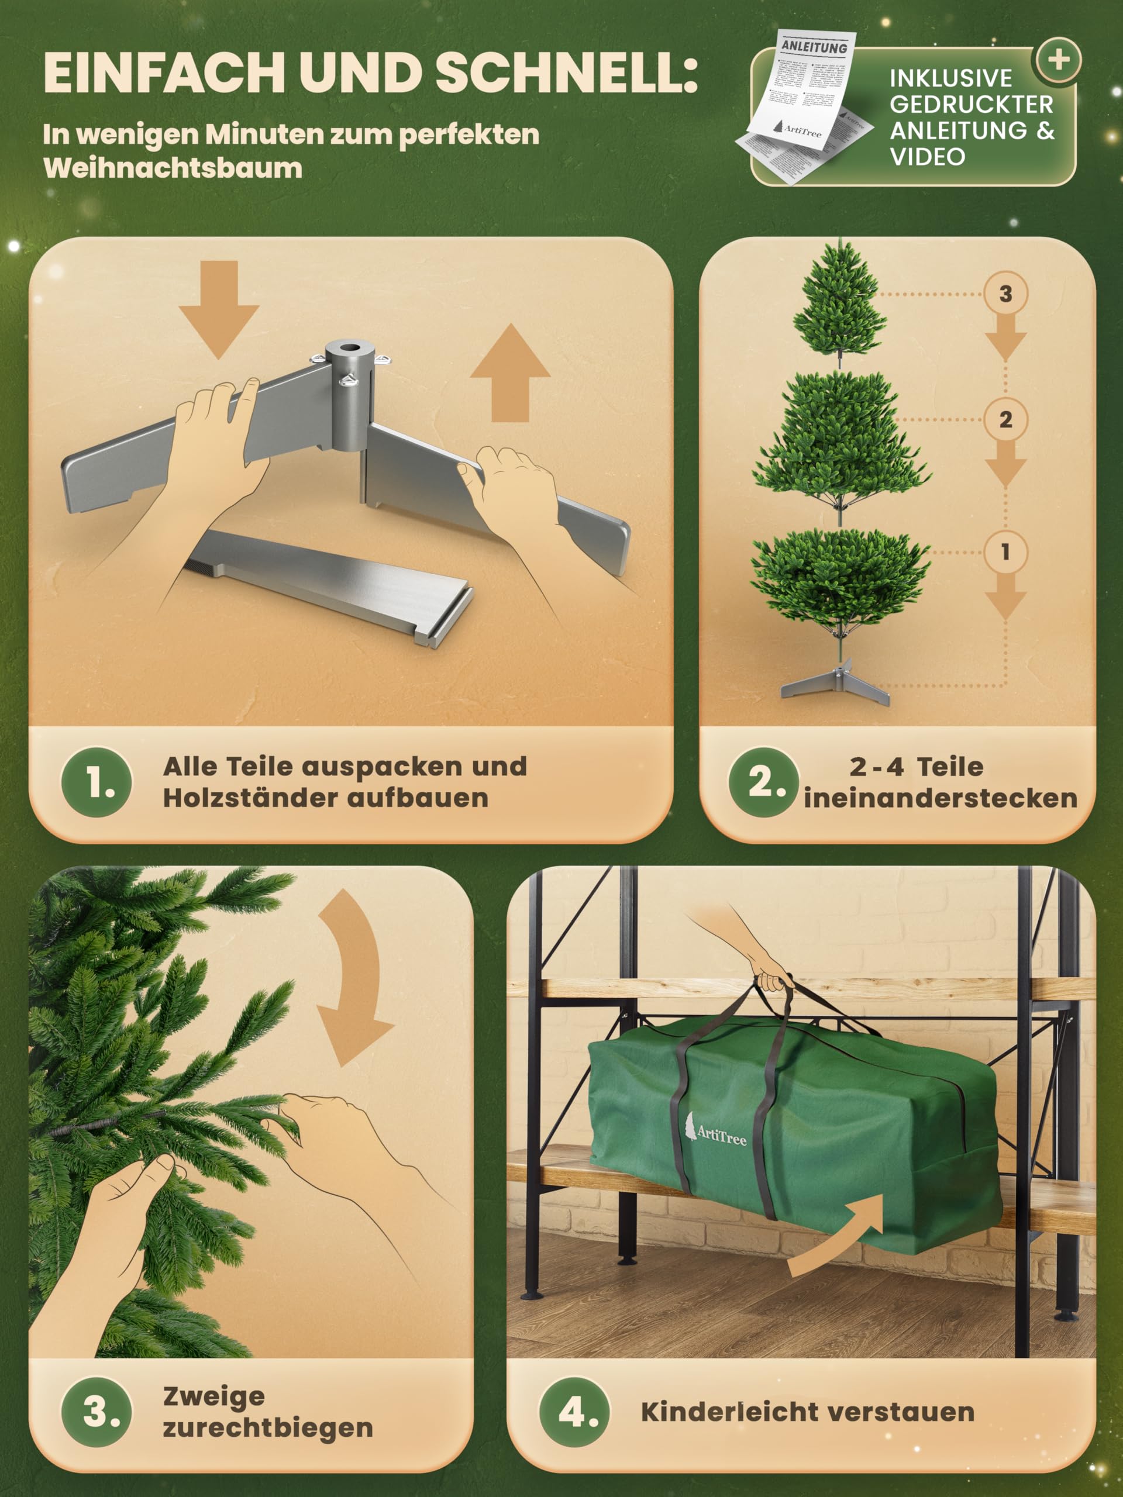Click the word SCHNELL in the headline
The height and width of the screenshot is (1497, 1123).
[x=565, y=73]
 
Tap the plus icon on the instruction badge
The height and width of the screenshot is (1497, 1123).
[x=1058, y=60]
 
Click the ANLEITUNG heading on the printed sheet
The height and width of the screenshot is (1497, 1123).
[x=814, y=47]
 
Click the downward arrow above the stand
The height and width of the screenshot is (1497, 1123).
[x=219, y=308]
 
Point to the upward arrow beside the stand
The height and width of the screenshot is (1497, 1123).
[x=509, y=373]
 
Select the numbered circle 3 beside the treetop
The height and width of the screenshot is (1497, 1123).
[x=1005, y=294]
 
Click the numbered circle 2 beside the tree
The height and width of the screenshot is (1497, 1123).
[x=1005, y=420]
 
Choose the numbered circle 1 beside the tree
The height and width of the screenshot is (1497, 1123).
[x=1005, y=551]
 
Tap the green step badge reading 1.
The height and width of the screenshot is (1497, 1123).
[x=97, y=783]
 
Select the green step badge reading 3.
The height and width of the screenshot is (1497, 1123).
[x=97, y=1412]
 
